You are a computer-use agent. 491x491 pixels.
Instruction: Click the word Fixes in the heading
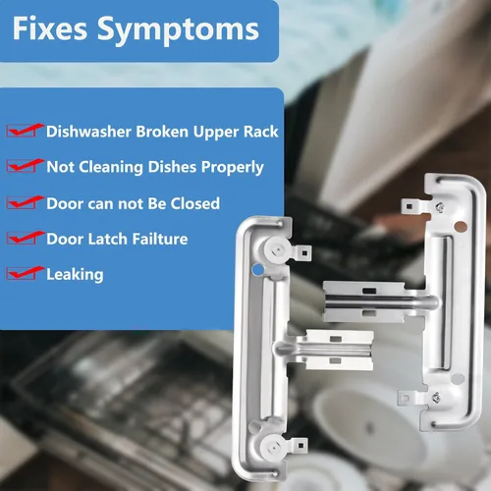coord(50,28)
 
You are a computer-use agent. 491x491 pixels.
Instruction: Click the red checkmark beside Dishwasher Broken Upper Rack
coord(25,131)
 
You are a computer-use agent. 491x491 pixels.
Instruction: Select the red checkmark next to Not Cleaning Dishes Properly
coord(25,166)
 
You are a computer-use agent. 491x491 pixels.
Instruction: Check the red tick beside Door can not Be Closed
coord(25,202)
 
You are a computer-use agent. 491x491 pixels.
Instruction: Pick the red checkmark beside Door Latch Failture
coord(25,238)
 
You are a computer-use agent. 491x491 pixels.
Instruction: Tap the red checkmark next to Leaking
coord(25,273)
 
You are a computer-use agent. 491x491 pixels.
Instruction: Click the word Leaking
coord(75,275)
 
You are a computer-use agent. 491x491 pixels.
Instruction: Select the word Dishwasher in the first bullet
coord(89,132)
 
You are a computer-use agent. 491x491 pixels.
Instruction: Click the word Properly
coord(232,168)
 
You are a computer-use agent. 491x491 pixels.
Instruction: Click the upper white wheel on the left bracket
coord(277,250)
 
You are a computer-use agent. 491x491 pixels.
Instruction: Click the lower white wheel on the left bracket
coord(273,447)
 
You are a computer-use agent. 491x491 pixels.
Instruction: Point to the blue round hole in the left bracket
coord(258,270)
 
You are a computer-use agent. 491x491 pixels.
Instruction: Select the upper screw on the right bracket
coord(440,207)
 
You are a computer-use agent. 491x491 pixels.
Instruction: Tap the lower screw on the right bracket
coord(436,398)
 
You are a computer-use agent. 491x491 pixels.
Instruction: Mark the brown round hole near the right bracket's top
coord(461,226)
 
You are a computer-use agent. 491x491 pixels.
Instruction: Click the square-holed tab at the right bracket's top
coord(412,206)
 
